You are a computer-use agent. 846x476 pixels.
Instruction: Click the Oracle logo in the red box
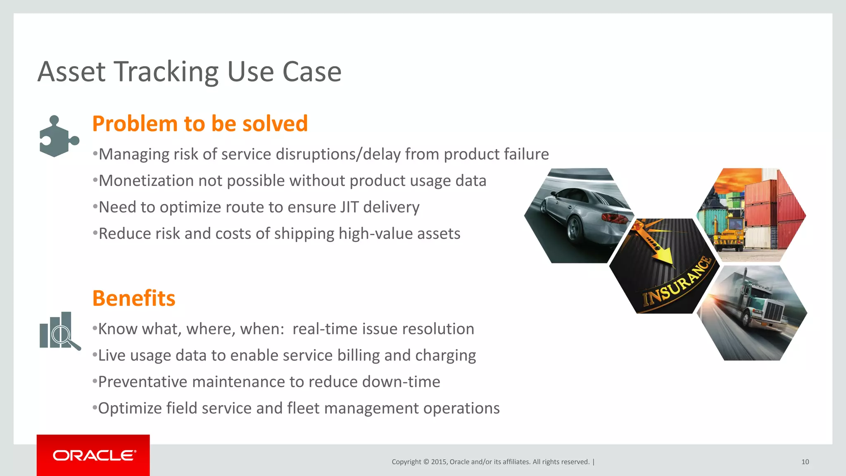[x=94, y=455]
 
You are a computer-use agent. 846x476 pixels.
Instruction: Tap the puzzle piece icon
[x=58, y=137]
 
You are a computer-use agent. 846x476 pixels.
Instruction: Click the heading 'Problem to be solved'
[x=200, y=124]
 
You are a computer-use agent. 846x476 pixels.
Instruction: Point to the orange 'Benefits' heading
[x=134, y=298]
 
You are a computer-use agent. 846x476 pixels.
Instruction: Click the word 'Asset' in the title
[x=71, y=72]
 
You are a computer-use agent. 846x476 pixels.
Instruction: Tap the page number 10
[x=805, y=462]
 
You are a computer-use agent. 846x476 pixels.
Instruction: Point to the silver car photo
[x=578, y=215]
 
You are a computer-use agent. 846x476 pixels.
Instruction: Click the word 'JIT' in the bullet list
[x=349, y=207]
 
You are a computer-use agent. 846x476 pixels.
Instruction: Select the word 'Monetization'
[x=146, y=181]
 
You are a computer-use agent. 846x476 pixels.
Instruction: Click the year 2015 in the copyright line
[x=439, y=462]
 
